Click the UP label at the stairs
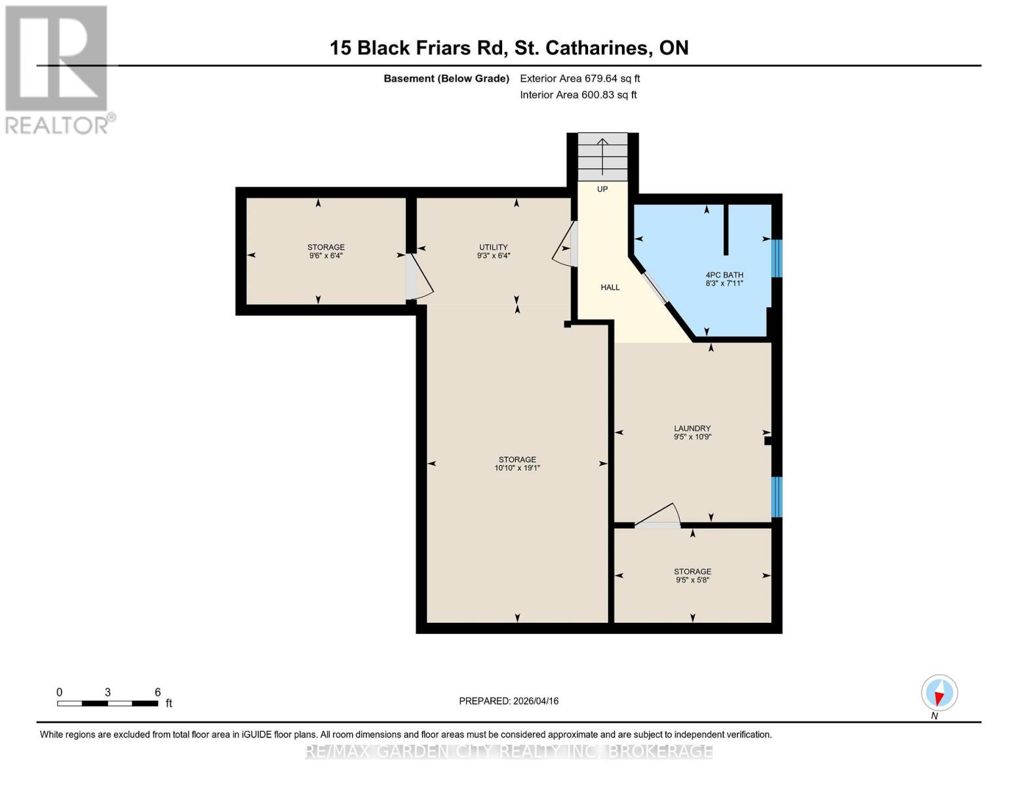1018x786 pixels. (x=602, y=189)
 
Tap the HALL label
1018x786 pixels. (x=610, y=288)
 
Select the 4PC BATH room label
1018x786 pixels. (x=724, y=275)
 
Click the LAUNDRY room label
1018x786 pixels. (x=692, y=428)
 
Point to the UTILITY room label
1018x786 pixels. (x=493, y=247)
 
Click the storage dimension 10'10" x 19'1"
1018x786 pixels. (x=517, y=468)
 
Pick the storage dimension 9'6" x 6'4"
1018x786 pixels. (x=326, y=256)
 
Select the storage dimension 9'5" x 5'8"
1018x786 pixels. (x=692, y=580)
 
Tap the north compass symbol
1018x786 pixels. (x=939, y=693)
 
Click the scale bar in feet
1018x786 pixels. (x=108, y=703)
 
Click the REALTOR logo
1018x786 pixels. (x=58, y=69)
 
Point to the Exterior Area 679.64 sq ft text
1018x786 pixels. (x=579, y=79)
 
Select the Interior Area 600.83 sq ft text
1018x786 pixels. (x=578, y=95)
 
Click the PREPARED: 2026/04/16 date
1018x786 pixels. (x=509, y=701)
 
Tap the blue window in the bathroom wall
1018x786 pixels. (x=777, y=258)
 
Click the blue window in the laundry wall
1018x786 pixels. (x=777, y=496)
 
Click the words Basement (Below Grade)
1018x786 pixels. (x=446, y=79)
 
